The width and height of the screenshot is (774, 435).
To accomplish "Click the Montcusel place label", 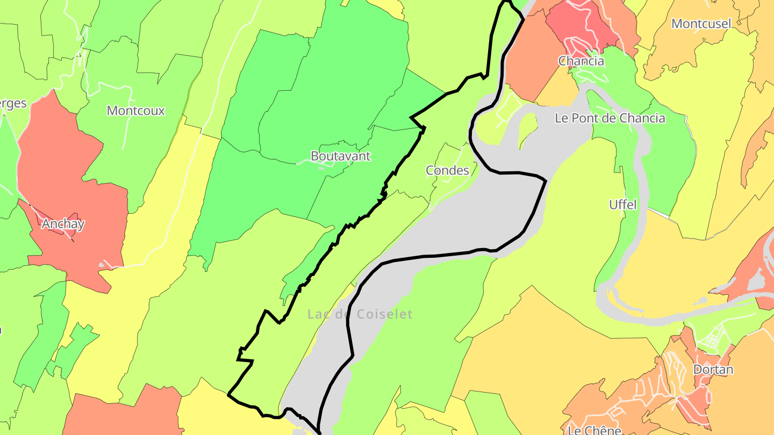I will click(701, 24).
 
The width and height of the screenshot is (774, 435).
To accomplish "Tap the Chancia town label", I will click(581, 61).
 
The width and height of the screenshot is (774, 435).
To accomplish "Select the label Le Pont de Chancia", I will click(610, 118).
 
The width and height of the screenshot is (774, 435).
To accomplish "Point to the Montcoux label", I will click(135, 111).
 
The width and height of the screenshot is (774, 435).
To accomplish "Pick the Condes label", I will click(447, 171).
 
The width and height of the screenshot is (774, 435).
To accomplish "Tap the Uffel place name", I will click(622, 205).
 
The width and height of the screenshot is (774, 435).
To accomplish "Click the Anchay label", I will click(63, 224).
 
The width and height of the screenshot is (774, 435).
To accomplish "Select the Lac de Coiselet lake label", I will click(360, 314).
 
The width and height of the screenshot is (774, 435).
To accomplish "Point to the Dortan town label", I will click(713, 369).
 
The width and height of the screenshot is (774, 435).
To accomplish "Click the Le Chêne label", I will click(594, 430).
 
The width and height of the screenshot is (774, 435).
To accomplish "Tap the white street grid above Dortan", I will click(712, 338).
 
